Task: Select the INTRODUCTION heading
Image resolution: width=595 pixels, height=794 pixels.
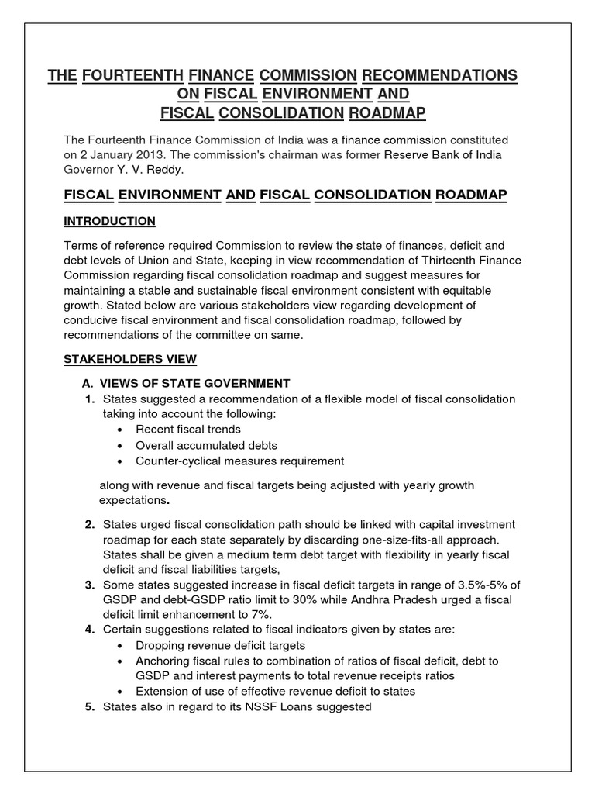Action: pyautogui.click(x=109, y=221)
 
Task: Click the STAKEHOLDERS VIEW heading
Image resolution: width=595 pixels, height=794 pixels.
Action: pyautogui.click(x=130, y=359)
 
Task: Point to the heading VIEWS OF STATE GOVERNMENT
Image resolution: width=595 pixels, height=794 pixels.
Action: pyautogui.click(x=196, y=383)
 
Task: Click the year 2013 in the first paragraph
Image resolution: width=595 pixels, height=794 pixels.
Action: pyautogui.click(x=142, y=155)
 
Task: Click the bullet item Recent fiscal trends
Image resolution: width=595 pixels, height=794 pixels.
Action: pyautogui.click(x=188, y=430)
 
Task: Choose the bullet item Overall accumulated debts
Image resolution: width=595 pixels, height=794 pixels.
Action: pyautogui.click(x=206, y=445)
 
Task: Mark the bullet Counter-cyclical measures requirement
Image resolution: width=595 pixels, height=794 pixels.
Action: pyautogui.click(x=239, y=461)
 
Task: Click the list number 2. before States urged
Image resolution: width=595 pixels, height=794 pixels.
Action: pyautogui.click(x=90, y=525)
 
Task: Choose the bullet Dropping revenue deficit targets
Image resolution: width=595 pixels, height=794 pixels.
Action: pyautogui.click(x=220, y=645)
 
